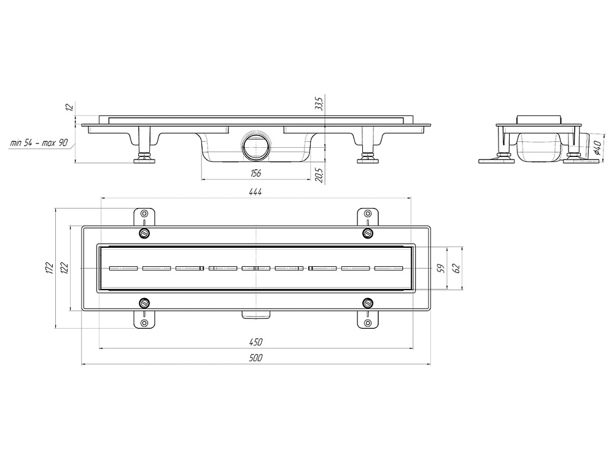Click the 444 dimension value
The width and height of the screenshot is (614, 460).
[255, 192]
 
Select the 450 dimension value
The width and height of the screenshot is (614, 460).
[255, 342]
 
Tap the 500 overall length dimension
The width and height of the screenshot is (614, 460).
[255, 358]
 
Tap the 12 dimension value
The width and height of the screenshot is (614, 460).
[69, 108]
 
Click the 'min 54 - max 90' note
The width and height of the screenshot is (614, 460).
[39, 144]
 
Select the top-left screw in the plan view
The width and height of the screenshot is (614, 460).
[144, 233]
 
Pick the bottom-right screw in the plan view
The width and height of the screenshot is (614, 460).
[368, 302]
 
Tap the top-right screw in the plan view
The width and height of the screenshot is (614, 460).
[368, 233]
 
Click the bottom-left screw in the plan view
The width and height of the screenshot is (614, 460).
[144, 302]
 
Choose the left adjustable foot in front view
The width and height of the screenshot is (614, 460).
[144, 159]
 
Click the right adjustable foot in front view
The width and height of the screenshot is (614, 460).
[368, 159]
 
